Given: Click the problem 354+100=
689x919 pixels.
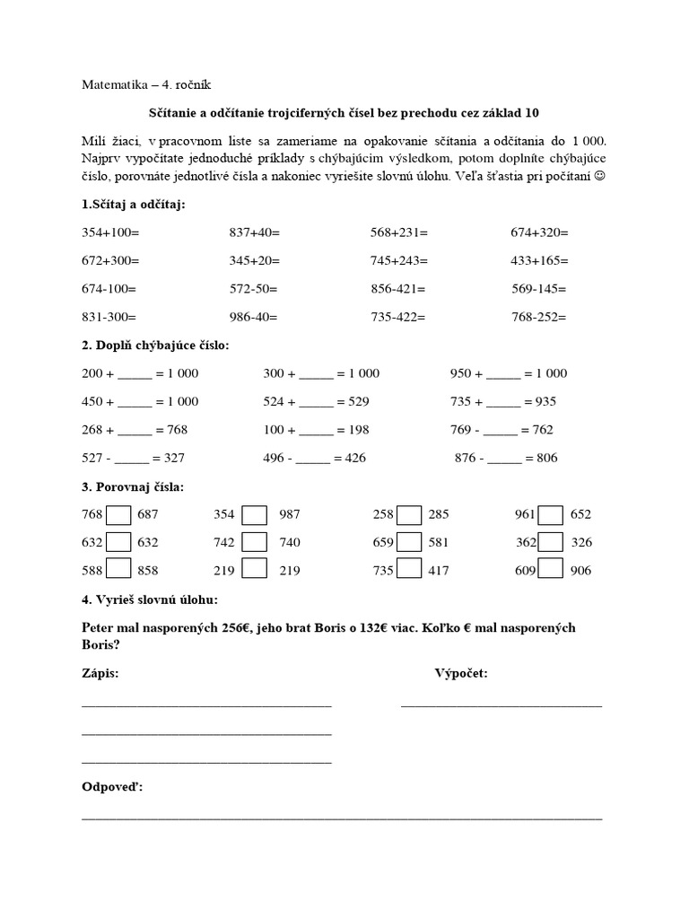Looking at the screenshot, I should point(110,232).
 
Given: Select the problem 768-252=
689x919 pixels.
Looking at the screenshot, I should point(539,317).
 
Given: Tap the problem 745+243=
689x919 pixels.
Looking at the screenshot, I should point(399,260).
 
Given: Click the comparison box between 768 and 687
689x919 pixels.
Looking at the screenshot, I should point(119,515).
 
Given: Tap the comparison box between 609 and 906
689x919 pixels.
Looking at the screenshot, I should point(551,570).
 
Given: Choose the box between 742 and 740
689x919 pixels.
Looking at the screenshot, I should point(255,542).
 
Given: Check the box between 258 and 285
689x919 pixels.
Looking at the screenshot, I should point(410,515).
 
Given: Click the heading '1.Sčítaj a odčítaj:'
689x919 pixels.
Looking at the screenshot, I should point(134,206).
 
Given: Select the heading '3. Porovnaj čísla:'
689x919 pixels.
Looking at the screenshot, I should point(132,487).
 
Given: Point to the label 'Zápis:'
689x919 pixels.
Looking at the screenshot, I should point(100,673).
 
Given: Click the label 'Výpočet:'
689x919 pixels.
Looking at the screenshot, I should point(461,673).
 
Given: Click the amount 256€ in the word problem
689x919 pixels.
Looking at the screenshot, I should point(236,627).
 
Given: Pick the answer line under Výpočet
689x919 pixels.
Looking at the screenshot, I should point(501,705).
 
